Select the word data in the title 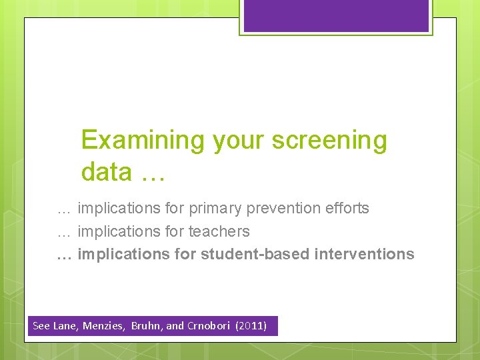pos(107,172)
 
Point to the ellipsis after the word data pos(153,175)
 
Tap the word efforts pos(348,209)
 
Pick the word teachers pos(219,232)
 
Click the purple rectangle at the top pos(336,15)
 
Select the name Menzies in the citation pos(105,326)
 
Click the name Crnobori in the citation pos(209,326)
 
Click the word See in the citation pos(41,326)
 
